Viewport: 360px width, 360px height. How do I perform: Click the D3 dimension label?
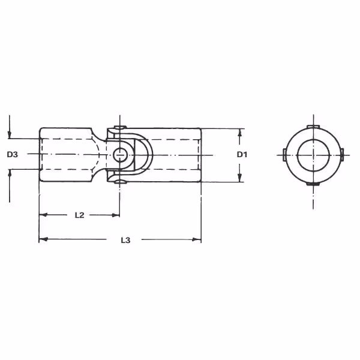click(13, 155)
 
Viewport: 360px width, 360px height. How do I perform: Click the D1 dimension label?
click(242, 155)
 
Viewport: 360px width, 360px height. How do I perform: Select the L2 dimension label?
click(80, 215)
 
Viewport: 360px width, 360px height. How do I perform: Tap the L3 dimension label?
click(125, 240)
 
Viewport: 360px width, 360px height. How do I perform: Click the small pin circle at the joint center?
click(120, 155)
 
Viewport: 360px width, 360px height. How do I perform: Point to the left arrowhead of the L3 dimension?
click(43, 239)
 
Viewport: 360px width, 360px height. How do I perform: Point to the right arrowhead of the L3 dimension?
click(197, 239)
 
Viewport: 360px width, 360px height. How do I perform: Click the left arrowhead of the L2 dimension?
click(43, 215)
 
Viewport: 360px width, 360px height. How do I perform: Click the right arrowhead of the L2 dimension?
click(115, 215)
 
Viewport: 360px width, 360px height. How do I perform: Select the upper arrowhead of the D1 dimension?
click(239, 133)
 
